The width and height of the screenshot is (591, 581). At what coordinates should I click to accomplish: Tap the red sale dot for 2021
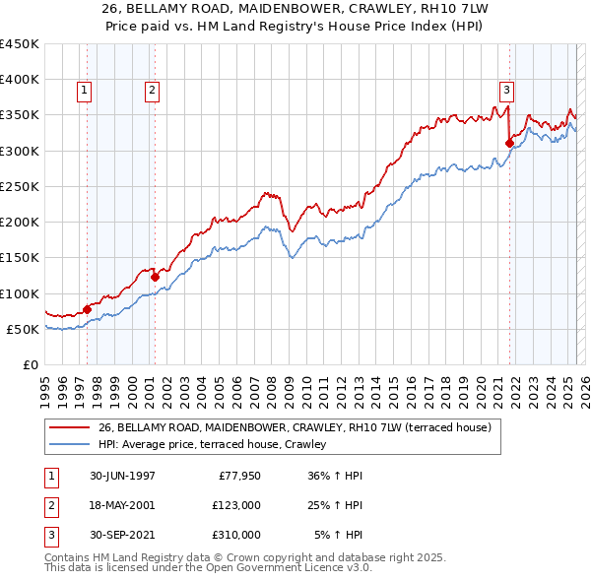tap(509, 143)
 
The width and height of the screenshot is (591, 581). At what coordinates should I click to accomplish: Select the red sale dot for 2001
tap(155, 277)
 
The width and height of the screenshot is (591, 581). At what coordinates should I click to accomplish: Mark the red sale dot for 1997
tap(87, 309)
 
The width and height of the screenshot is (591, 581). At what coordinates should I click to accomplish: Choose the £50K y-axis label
tap(24, 329)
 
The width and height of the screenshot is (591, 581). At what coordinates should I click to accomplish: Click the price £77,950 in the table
tap(236, 476)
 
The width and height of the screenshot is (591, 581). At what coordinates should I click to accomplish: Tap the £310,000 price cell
tap(236, 535)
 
